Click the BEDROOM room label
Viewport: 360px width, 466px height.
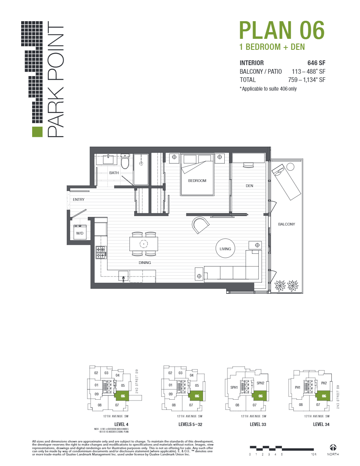click(x=197, y=181)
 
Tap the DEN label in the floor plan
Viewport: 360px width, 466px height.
click(x=249, y=186)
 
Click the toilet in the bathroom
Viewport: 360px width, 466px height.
click(x=125, y=162)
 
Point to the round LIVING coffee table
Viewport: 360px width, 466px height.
click(x=225, y=249)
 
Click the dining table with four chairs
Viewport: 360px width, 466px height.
click(x=144, y=244)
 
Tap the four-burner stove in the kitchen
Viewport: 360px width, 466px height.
click(x=100, y=252)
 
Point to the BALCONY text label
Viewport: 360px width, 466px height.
click(x=286, y=224)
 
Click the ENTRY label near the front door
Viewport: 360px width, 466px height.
click(x=79, y=200)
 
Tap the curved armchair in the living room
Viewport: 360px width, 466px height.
click(x=201, y=225)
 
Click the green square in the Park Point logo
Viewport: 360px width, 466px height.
click(x=36, y=132)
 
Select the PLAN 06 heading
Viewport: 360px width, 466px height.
click(x=282, y=31)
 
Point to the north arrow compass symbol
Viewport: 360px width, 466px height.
click(x=333, y=447)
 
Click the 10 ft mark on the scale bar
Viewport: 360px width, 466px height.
click(x=313, y=454)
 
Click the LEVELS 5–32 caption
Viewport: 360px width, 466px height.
click(x=191, y=424)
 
